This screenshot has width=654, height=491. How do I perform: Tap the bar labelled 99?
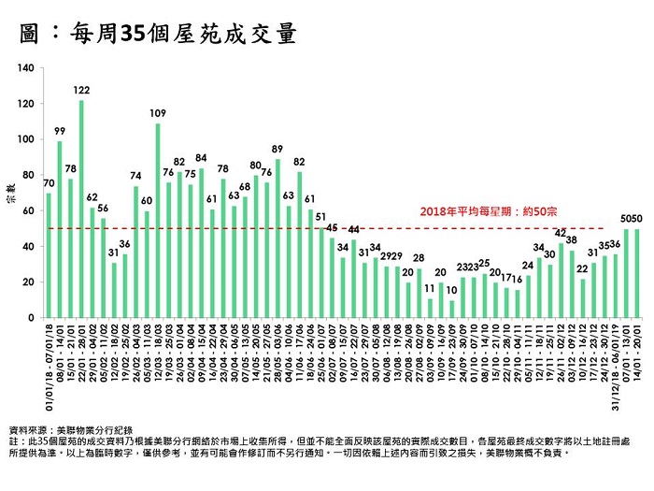pyautogui.click(x=60, y=229)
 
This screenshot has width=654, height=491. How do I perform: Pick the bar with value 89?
pyautogui.click(x=277, y=238)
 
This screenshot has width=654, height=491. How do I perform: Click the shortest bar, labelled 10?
pyautogui.click(x=452, y=309)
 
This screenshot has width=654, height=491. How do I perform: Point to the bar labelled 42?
pyautogui.click(x=562, y=281)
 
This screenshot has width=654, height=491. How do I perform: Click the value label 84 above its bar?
pyautogui.click(x=201, y=157)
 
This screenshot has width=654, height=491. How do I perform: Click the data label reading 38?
pyautogui.click(x=572, y=240)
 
